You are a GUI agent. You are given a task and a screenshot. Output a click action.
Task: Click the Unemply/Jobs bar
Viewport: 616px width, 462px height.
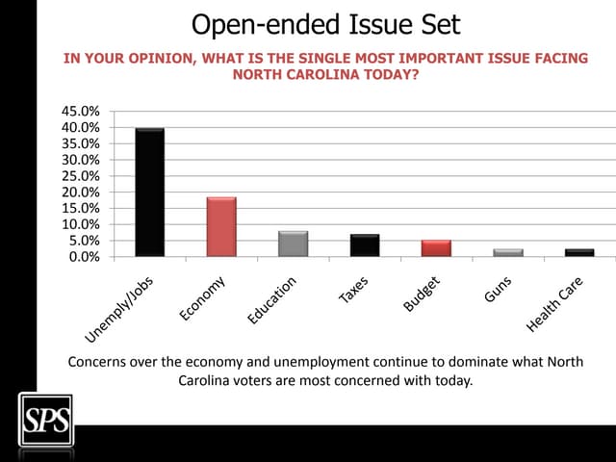tap(149, 192)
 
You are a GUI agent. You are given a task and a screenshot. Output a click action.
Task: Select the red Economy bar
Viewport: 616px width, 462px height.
tap(221, 227)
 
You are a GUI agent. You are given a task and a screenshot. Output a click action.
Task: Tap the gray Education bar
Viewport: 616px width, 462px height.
tap(293, 244)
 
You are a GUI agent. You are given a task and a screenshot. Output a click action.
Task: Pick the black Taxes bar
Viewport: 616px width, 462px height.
tap(364, 245)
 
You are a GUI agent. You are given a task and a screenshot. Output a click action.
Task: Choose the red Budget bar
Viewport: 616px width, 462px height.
tap(436, 248)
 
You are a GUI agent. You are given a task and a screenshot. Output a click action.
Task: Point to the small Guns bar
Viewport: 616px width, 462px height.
tap(507, 252)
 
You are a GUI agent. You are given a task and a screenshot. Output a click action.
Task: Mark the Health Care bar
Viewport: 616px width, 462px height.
tap(578, 252)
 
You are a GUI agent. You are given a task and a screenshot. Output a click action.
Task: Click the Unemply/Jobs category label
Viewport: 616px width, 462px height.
tap(120, 307)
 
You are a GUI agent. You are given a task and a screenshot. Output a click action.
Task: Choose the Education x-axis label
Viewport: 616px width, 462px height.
tap(272, 299)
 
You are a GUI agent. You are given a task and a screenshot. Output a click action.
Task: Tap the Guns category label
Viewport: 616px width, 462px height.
tap(499, 288)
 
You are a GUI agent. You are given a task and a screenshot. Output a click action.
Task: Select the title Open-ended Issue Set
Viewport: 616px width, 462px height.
tap(325, 23)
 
